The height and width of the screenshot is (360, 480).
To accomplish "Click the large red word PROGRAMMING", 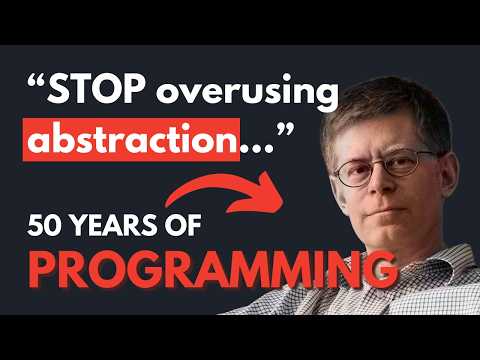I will coord(199,267).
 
